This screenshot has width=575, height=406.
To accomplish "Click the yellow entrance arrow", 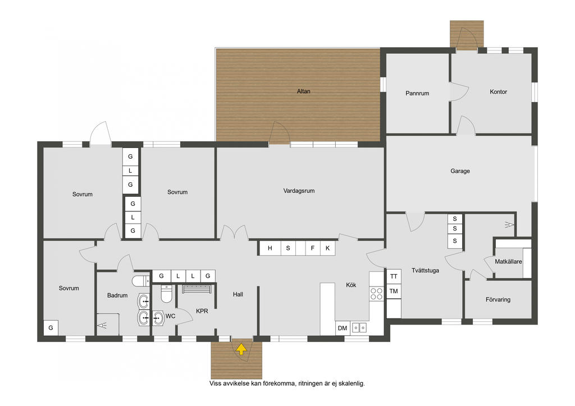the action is [241, 349].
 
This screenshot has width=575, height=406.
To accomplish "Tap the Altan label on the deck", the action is [303, 91].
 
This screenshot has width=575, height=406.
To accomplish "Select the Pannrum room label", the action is [417, 93].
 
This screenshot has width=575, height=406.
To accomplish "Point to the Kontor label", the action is [498, 92].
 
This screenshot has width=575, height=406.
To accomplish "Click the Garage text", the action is [460, 171].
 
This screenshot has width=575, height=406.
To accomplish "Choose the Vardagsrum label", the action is [299, 191].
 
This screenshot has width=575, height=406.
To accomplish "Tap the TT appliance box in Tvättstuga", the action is [394, 276].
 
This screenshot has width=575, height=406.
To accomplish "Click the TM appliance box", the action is [394, 292].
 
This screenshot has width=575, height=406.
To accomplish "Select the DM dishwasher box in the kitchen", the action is [343, 328].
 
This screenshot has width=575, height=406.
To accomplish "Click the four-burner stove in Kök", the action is [376, 294].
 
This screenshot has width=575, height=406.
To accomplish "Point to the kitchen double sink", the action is [359, 327].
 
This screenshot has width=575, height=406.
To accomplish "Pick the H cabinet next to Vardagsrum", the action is [270, 248].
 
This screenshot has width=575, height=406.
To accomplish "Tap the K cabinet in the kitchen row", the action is [327, 248].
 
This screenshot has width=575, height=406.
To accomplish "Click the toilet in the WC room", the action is [166, 294].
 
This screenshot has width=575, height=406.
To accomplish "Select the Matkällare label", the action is [508, 262].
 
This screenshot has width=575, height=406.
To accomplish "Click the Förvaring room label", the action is [498, 299].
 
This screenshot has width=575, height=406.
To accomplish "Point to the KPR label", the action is [202, 311].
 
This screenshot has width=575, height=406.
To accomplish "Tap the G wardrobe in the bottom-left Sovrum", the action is [51, 327].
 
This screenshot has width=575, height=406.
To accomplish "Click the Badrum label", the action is [117, 296].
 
